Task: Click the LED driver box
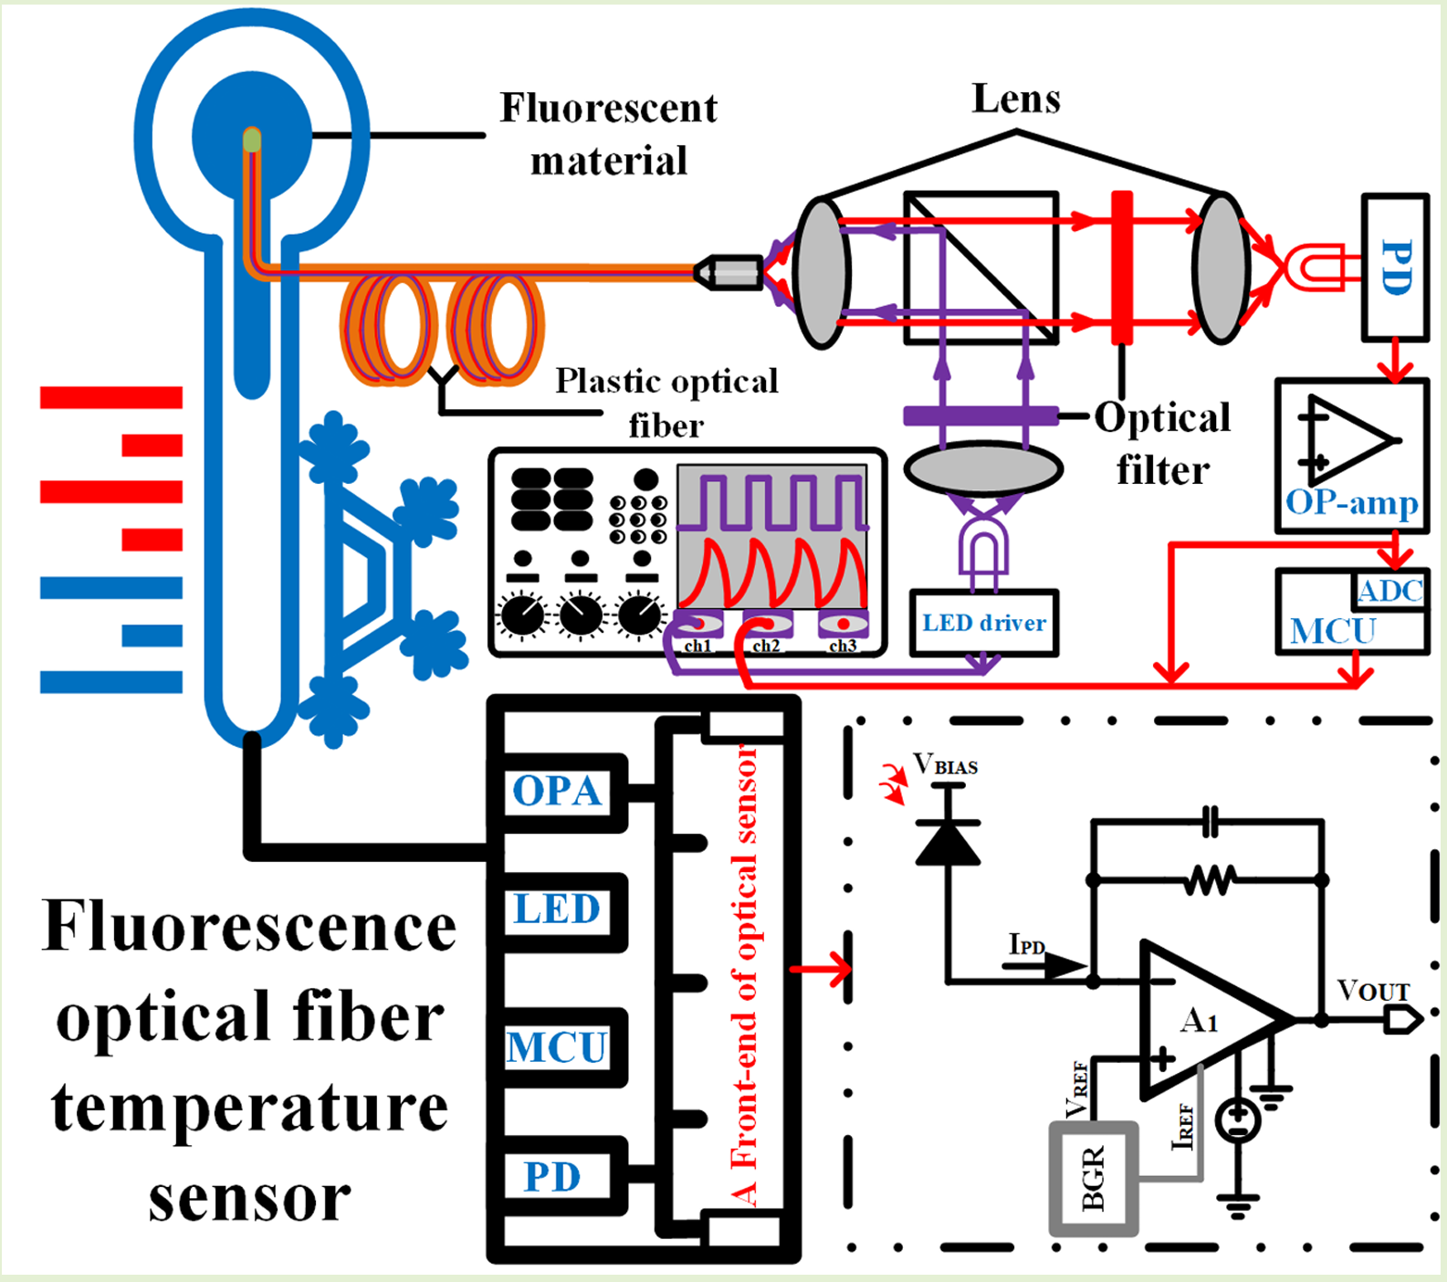click(x=983, y=623)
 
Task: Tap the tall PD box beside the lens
click(x=1394, y=267)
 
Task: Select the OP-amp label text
click(x=1351, y=503)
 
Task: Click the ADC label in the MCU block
click(x=1389, y=592)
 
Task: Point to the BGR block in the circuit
click(x=1093, y=1177)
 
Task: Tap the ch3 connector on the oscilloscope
click(x=843, y=625)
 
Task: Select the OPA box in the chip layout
click(x=556, y=791)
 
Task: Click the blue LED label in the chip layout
click(x=556, y=909)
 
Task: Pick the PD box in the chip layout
click(x=553, y=1176)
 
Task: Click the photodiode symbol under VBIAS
click(x=948, y=842)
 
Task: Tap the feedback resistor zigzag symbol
click(x=1209, y=880)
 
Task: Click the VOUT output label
click(x=1373, y=990)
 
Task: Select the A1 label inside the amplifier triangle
click(x=1199, y=1020)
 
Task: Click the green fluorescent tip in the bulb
click(x=252, y=140)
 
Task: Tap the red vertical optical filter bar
click(x=1122, y=267)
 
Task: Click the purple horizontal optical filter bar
click(x=980, y=416)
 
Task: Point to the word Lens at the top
click(x=1016, y=99)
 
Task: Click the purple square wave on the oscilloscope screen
click(x=772, y=502)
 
